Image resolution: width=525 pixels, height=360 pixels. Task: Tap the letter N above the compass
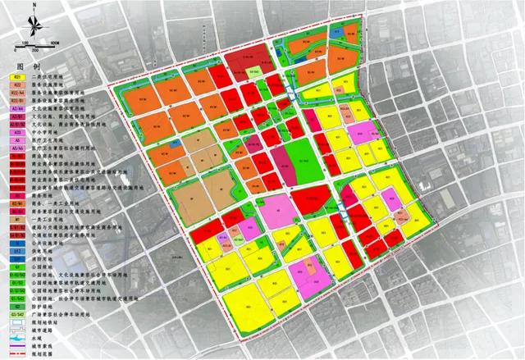33,6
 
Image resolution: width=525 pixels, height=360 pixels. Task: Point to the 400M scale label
54,41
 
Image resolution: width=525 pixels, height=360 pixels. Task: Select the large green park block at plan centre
303,161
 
